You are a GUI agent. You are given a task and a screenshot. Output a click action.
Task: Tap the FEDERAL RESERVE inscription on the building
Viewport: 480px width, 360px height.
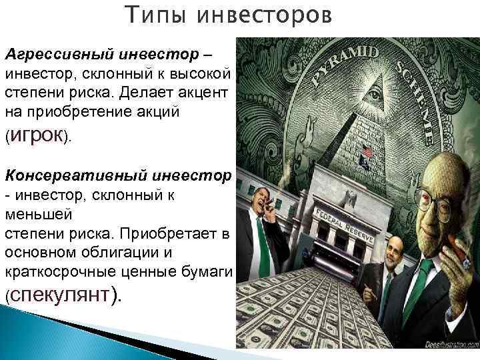(347, 200)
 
